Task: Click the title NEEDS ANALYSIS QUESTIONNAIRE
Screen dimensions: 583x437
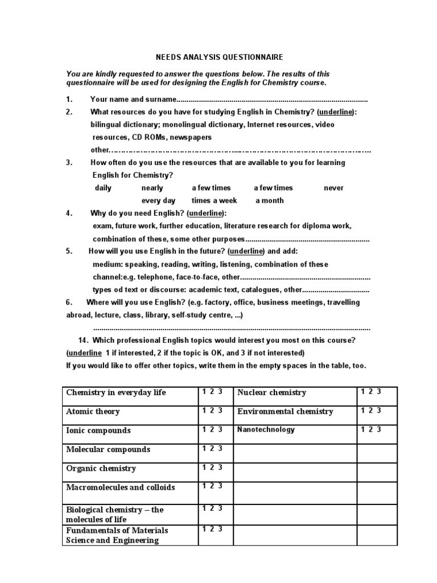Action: [x=219, y=58]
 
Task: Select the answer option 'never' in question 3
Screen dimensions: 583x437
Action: [x=333, y=188]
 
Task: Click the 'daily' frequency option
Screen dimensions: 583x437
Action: [x=103, y=188]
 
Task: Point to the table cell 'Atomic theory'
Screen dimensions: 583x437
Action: [x=93, y=412]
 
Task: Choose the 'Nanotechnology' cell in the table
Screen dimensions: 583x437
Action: [x=266, y=430]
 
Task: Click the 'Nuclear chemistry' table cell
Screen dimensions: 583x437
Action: [x=271, y=392]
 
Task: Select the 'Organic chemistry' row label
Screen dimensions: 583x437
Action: [x=101, y=469]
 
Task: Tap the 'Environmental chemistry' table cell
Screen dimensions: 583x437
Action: [x=285, y=412]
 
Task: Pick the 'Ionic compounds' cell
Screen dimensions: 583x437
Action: [x=98, y=430]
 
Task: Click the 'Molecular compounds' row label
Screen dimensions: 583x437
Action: [x=108, y=449]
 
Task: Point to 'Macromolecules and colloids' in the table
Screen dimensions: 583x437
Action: [x=121, y=487]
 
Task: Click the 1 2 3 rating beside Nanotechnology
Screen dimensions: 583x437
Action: [x=371, y=429]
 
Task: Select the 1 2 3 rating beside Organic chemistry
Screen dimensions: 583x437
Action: [x=212, y=467]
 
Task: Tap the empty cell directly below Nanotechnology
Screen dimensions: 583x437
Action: [x=295, y=454]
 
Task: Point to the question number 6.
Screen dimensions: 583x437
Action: [x=68, y=302]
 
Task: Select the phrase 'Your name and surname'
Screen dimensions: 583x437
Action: [x=134, y=99]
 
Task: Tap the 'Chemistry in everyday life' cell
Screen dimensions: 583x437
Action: [x=116, y=393]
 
